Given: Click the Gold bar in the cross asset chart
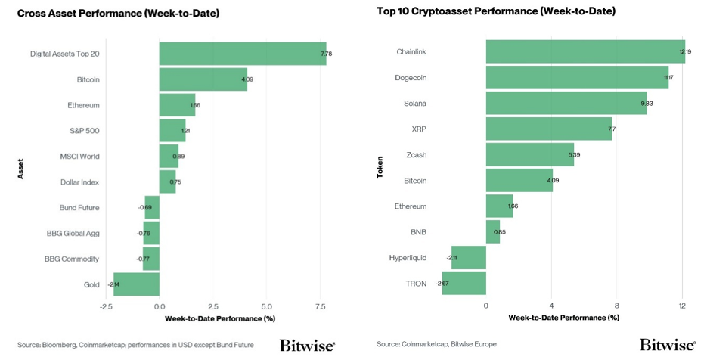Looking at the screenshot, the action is [x=137, y=284].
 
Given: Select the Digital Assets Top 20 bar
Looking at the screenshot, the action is [x=243, y=54].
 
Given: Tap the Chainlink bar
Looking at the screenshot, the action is [x=585, y=51].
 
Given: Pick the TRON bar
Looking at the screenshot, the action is [x=464, y=284].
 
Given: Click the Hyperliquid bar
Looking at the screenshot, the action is [x=469, y=258].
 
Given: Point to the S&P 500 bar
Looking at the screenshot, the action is [x=172, y=131].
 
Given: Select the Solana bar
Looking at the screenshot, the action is [x=566, y=104].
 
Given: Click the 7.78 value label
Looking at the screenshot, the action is [x=327, y=54].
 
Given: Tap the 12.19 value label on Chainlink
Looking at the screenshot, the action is [x=685, y=52].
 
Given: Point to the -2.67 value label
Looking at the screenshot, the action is [x=442, y=284].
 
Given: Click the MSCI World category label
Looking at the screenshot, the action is [x=80, y=157].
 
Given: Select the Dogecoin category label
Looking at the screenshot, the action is [x=411, y=78].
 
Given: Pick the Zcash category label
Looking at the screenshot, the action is [x=416, y=155].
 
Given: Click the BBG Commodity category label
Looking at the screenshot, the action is [x=72, y=259].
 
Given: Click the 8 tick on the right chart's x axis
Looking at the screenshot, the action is [x=617, y=306].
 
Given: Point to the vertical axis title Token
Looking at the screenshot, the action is [x=380, y=167].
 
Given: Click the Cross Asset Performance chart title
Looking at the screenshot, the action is [x=118, y=13].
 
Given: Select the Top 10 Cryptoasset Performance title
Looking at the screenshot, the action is [x=496, y=11].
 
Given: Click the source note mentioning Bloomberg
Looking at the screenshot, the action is [x=135, y=345].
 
